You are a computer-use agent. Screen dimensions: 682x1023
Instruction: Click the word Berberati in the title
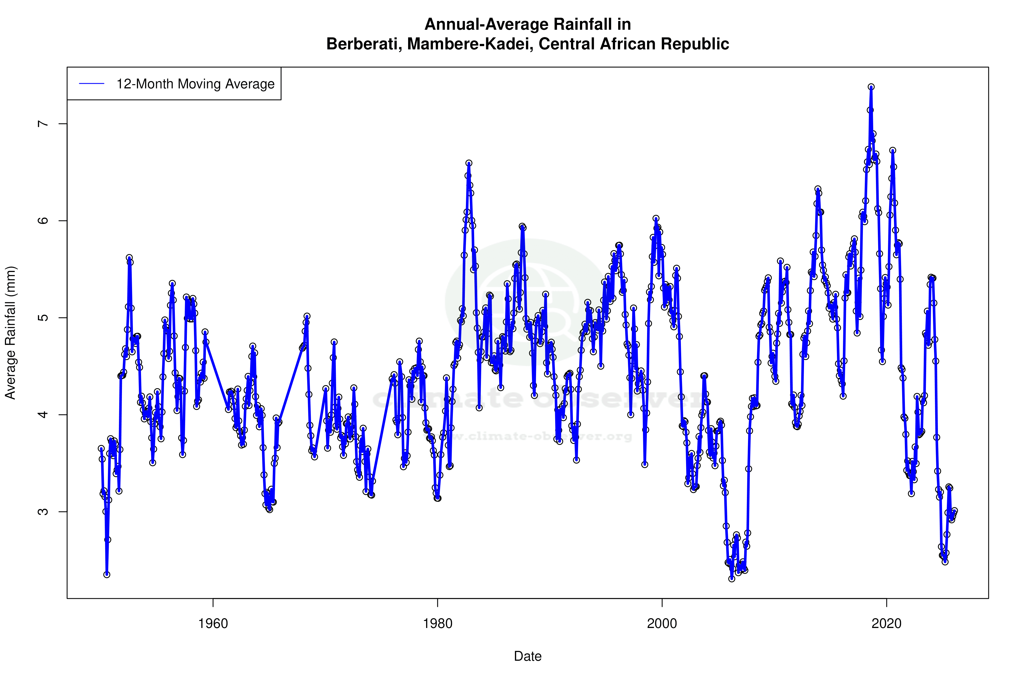tap(364, 44)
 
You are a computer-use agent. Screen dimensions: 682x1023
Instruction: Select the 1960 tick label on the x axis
tap(213, 624)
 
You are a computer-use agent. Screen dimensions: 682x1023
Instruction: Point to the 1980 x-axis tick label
tap(438, 624)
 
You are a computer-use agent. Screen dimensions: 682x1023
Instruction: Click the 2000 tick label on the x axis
tap(662, 624)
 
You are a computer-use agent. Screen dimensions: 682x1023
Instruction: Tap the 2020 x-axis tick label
tap(886, 624)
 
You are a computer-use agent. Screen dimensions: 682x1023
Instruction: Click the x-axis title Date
tap(528, 656)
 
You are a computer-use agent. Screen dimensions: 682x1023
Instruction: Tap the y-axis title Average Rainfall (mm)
tap(10, 333)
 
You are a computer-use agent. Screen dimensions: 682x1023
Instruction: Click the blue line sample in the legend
tap(92, 84)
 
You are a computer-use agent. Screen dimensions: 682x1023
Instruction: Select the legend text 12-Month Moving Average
tap(195, 84)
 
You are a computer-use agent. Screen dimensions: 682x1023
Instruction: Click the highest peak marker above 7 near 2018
tap(871, 87)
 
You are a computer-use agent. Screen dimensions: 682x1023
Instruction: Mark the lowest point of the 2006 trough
tap(732, 579)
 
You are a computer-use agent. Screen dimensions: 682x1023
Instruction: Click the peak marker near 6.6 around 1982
tap(469, 163)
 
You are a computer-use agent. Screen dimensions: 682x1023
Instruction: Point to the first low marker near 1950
tap(107, 575)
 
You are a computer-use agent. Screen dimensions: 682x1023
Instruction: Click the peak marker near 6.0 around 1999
tap(656, 218)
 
